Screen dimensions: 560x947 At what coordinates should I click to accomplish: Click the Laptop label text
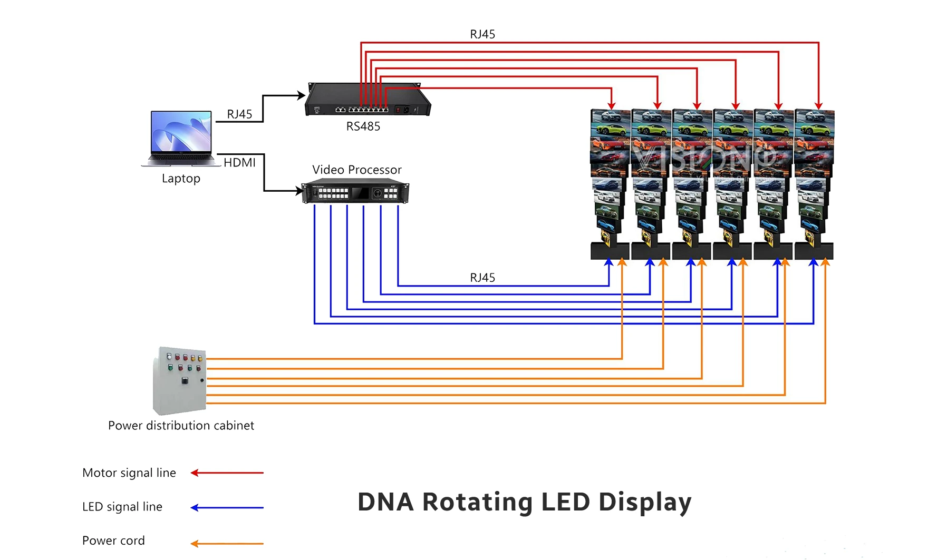coord(181,179)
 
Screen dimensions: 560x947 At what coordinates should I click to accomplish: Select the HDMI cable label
coord(239,163)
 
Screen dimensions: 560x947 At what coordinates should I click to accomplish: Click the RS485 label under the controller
coord(363,126)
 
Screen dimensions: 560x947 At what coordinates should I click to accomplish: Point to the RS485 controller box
coord(368,100)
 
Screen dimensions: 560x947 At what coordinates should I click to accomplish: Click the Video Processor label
coord(356,170)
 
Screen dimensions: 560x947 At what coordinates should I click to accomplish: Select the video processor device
coord(355,191)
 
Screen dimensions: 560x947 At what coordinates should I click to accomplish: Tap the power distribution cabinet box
coord(179,380)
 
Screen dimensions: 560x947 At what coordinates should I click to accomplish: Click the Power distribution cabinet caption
coord(181,426)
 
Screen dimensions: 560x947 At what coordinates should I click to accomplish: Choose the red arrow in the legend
coord(227,473)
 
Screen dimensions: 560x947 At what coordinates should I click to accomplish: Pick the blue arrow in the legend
coord(227,508)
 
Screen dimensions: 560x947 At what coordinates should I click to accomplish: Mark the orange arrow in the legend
coord(227,543)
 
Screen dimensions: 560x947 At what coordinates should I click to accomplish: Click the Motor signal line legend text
coord(129,473)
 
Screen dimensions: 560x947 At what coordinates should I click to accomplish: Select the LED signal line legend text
coord(122,507)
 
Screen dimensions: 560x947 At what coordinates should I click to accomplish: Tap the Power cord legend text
coord(113,541)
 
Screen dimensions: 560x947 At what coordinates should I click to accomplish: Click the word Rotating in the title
coord(477,502)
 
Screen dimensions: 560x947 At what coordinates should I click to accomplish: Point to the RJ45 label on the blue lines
coord(482,278)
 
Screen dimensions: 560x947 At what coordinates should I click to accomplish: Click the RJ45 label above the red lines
coord(482,34)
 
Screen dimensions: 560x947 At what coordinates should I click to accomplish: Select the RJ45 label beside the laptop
coord(239,114)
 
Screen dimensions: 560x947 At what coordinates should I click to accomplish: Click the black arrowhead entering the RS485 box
coord(302,95)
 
